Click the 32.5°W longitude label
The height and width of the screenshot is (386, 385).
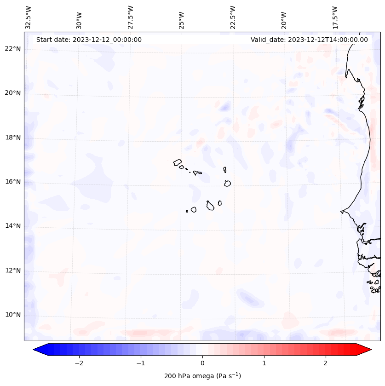tap(29, 17)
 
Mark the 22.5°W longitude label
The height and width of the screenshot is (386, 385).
tap(233, 17)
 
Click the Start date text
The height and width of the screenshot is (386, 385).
tap(89, 40)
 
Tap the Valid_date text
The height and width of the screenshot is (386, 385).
tap(309, 40)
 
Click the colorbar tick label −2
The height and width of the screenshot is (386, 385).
tap(79, 363)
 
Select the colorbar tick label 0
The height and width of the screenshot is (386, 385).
tap(202, 363)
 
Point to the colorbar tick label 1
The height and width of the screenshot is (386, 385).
tap(264, 363)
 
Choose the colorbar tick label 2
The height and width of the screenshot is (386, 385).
tap(326, 363)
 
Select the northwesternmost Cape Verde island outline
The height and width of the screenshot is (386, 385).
tap(178, 162)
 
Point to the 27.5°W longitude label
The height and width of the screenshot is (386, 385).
tap(131, 17)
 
